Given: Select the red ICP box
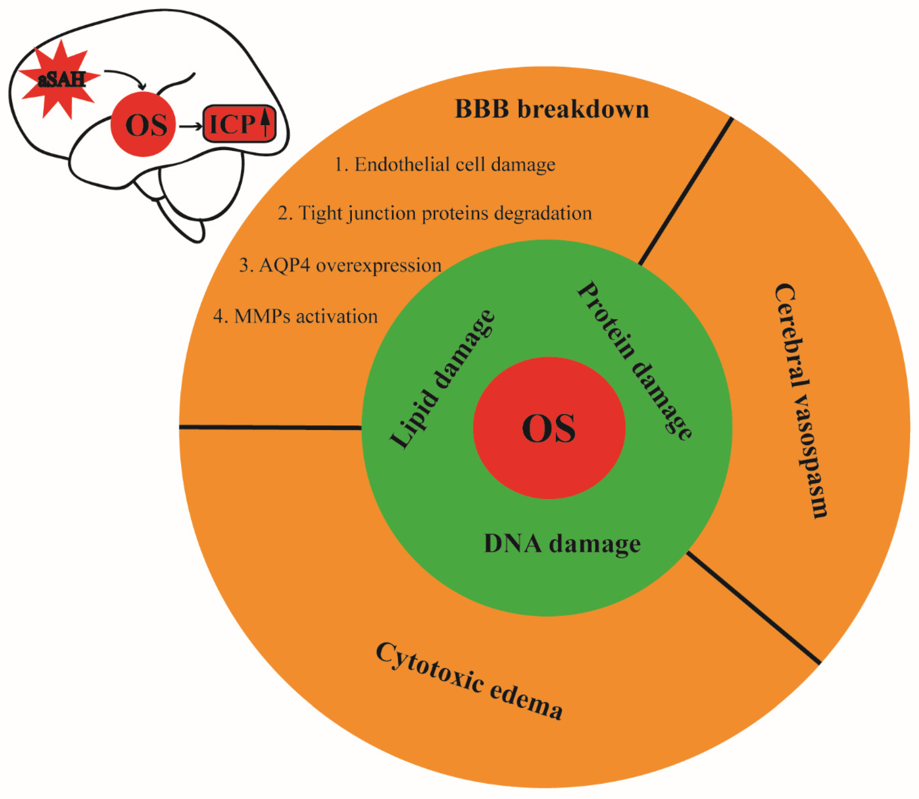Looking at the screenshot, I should click(239, 124).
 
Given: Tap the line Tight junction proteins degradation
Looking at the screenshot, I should click(434, 213).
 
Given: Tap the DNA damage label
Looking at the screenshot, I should click(562, 544).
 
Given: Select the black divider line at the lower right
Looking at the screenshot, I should click(753, 608).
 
